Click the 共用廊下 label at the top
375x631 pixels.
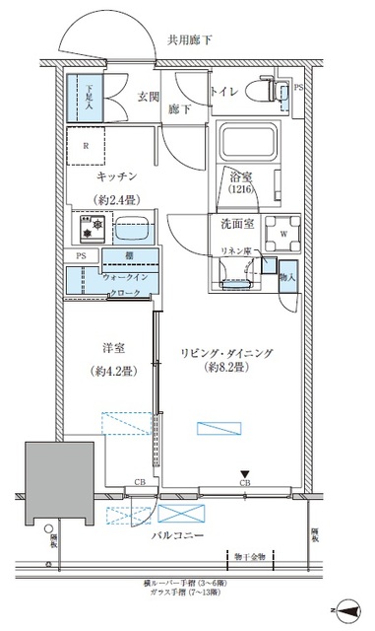tap(191, 40)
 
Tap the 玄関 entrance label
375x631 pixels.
tap(148, 96)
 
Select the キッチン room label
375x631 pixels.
tap(115, 175)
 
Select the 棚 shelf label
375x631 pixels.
tap(129, 256)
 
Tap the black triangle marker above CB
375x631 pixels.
tap(245, 473)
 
